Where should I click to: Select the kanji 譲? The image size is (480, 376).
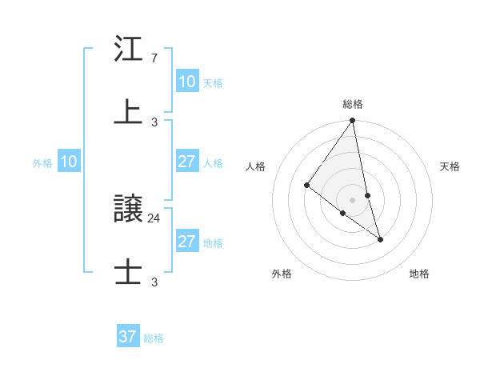[x=128, y=210]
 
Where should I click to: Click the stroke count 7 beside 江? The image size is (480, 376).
[x=154, y=59]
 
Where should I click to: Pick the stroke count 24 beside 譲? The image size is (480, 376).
[x=154, y=218]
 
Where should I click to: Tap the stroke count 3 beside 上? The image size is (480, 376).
[x=154, y=122]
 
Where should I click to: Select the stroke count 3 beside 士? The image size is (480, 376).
[x=154, y=282]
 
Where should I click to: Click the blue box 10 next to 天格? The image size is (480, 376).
[x=187, y=82]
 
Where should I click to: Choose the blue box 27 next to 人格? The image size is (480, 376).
[x=187, y=162]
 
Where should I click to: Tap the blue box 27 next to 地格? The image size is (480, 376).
[x=187, y=242]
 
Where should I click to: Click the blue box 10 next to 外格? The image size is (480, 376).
[x=69, y=162]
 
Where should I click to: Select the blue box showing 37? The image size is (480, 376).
[x=128, y=337]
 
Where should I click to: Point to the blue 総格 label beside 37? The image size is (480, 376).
[x=154, y=338]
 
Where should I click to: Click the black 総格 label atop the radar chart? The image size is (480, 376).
[x=353, y=104]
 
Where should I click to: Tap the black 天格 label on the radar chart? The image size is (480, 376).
[x=450, y=166]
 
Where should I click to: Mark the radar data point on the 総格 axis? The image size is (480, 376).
[x=353, y=121]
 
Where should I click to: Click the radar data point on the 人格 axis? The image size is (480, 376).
[x=307, y=186]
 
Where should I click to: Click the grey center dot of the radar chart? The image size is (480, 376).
[x=353, y=200]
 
